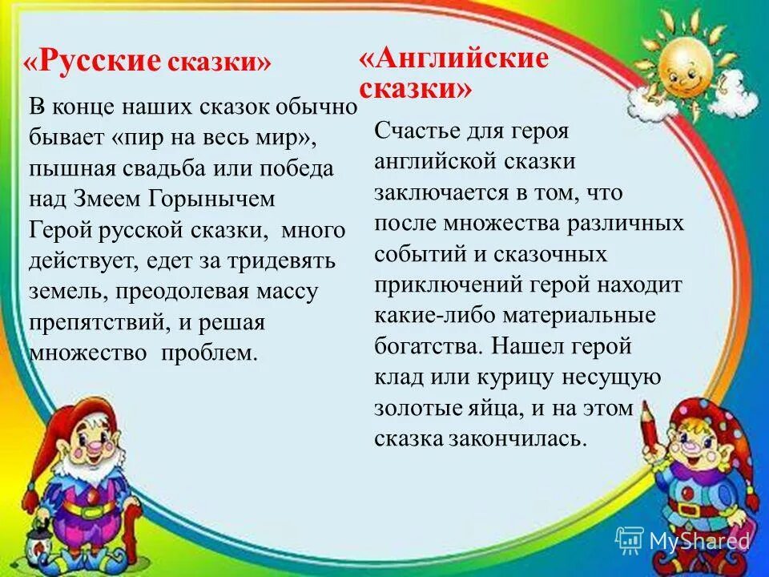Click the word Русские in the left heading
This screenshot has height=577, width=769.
[x=102, y=62]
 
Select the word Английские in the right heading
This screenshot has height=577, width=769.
[x=454, y=59]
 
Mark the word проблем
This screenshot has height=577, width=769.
[x=210, y=353]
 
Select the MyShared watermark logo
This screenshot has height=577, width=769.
[x=681, y=540]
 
